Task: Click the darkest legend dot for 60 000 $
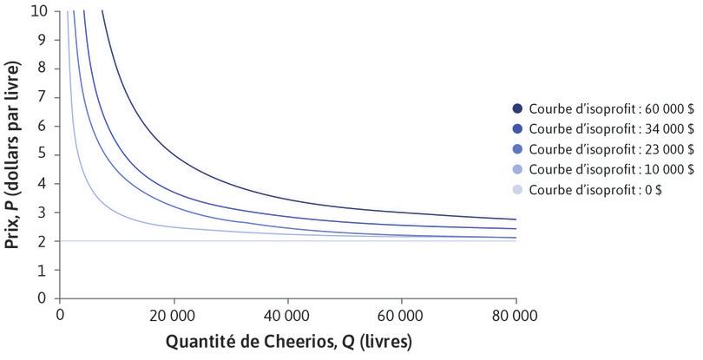[518, 108]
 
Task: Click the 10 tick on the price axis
[39, 11]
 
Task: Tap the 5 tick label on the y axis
[43, 154]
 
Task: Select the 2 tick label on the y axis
[43, 240]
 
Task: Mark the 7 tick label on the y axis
[43, 97]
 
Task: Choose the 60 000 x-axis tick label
[401, 313]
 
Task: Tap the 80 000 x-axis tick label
[515, 313]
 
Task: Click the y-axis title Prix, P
[13, 154]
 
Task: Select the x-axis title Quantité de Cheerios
[287, 340]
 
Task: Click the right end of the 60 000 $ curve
[515, 219]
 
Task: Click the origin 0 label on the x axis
[59, 313]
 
